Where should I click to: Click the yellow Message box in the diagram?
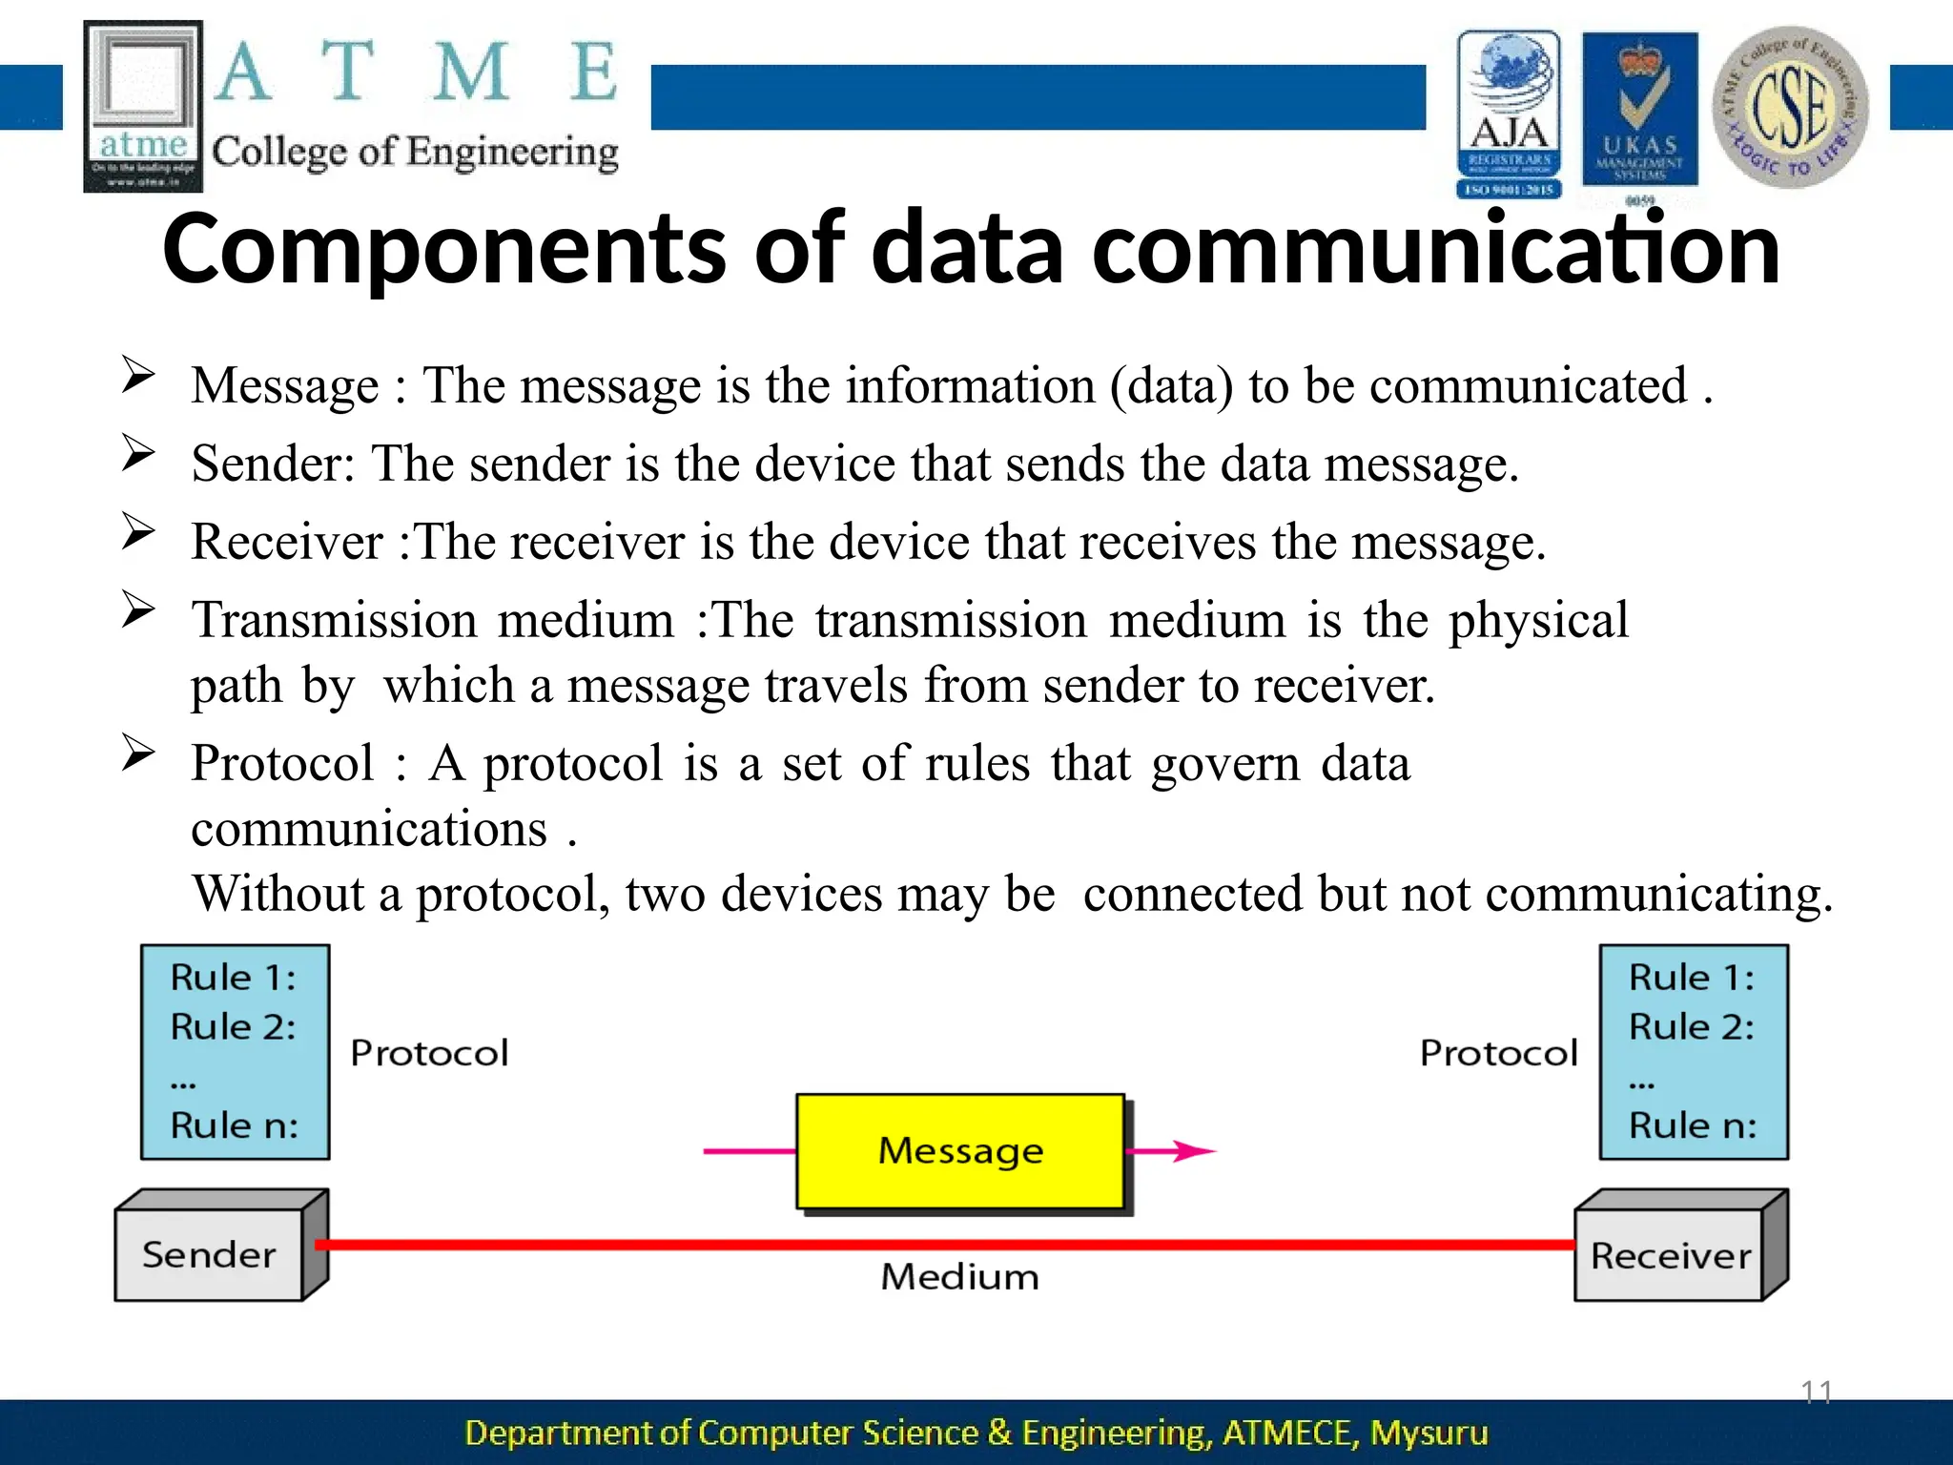[960, 1151]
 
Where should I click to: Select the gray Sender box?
[210, 1253]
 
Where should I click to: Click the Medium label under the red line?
[959, 1277]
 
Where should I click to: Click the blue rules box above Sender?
[235, 1052]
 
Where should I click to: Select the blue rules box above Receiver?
[1693, 1052]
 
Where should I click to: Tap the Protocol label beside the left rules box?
[429, 1053]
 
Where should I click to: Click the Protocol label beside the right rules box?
[1498, 1053]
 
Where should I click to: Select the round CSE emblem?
[1790, 107]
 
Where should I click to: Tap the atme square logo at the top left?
[143, 106]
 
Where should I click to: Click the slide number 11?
[1816, 1392]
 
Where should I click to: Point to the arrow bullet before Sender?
[138, 453]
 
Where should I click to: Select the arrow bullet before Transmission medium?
[138, 609]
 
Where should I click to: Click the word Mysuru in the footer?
[1429, 1433]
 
